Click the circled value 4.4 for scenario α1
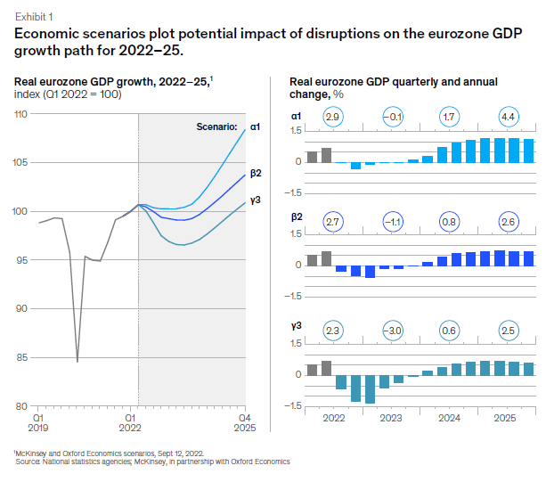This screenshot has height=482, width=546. (507, 118)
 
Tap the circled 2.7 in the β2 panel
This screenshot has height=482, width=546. (333, 223)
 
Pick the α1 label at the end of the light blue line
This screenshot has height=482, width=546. (255, 127)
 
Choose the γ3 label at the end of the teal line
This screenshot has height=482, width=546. (255, 200)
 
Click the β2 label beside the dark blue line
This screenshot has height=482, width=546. (255, 175)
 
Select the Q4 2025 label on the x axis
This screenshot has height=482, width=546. (242, 421)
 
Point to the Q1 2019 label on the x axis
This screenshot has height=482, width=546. (39, 421)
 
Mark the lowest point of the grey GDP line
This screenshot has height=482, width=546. (77, 362)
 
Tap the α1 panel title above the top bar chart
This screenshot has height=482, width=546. (296, 116)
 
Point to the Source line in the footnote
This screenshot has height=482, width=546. (151, 462)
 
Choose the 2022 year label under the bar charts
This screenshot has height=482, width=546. (334, 417)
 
